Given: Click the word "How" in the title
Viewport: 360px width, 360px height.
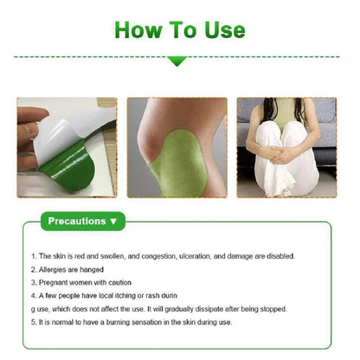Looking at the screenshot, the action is click(x=138, y=29).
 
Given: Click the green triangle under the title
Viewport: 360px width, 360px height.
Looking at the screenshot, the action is click(x=177, y=61).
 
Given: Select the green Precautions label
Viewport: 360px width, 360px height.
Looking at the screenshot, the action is click(x=83, y=222).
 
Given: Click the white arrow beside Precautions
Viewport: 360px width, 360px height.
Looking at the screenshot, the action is click(x=113, y=222).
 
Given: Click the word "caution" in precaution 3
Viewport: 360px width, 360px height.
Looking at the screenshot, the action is click(x=119, y=283).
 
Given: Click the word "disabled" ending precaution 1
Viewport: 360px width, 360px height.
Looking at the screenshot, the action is click(x=280, y=256).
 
